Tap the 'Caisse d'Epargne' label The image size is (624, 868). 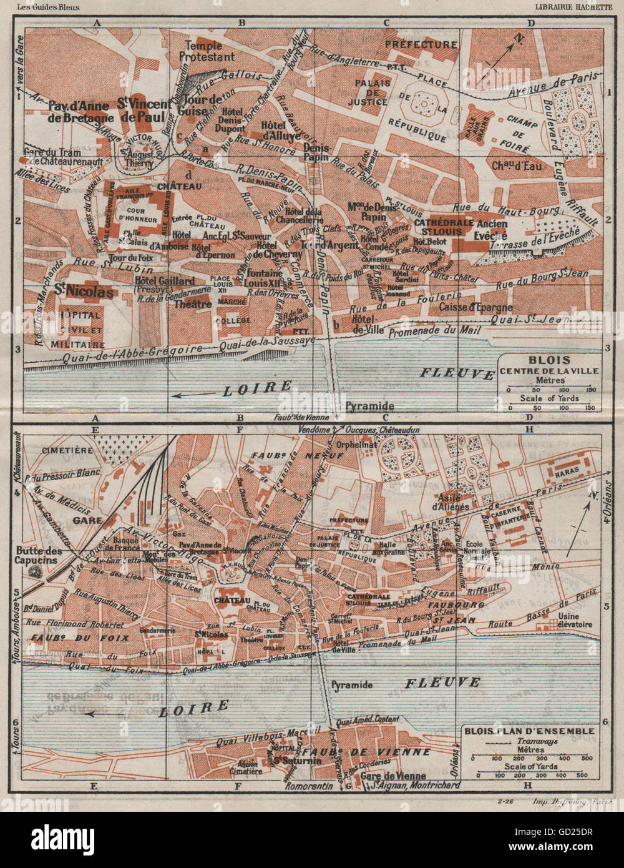tap(475, 307)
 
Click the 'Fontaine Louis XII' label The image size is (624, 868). tap(265, 278)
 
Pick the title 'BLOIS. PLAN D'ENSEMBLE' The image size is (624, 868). tap(528, 731)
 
